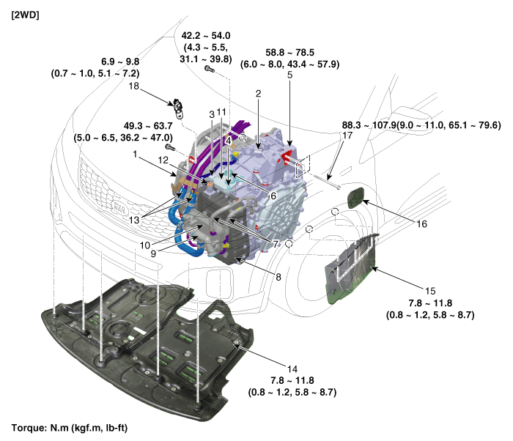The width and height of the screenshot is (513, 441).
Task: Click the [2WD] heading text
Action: coord(25,15)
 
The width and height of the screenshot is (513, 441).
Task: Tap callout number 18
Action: coord(134,86)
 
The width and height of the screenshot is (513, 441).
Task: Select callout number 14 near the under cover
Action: coord(292,369)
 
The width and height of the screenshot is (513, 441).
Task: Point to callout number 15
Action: coord(430,291)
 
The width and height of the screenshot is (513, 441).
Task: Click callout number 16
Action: coord(421,223)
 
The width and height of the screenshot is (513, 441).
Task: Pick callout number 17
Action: coord(347,135)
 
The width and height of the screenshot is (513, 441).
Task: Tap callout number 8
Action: coord(278,277)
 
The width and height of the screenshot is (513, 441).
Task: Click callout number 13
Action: coord(134,220)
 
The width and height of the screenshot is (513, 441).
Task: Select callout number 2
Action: coord(258,94)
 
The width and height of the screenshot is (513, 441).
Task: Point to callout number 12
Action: coord(163,160)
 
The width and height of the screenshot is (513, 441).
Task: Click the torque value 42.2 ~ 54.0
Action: coord(206,36)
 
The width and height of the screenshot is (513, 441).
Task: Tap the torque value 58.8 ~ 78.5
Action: coord(289,52)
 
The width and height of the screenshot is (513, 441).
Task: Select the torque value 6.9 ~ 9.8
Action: coord(120,62)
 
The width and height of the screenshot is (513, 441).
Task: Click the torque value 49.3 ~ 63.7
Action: coord(148,125)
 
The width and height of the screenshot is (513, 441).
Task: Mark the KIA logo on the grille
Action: coord(119,207)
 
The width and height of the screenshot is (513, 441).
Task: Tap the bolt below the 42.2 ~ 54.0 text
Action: coord(210,69)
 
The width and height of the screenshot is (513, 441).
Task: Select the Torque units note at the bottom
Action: coord(70,428)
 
